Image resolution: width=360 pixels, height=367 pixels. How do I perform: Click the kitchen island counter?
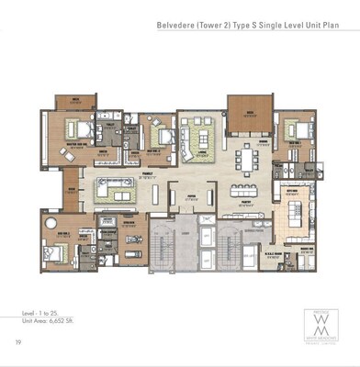(301, 217)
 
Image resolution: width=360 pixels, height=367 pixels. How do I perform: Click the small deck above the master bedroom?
(67, 101)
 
